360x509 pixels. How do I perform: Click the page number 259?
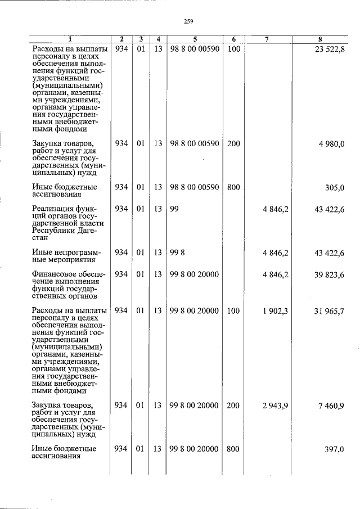click(x=188, y=21)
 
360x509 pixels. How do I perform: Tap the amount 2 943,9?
click(x=275, y=406)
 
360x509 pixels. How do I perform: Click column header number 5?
click(x=194, y=39)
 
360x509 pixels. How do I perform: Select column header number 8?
click(x=319, y=39)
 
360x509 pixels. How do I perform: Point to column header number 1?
click(x=70, y=39)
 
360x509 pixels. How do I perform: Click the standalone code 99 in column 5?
click(x=174, y=209)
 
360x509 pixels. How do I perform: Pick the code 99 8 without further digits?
click(x=176, y=253)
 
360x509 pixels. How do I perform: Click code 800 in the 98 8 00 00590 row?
click(x=233, y=187)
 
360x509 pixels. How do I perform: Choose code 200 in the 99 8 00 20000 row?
click(x=233, y=406)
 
